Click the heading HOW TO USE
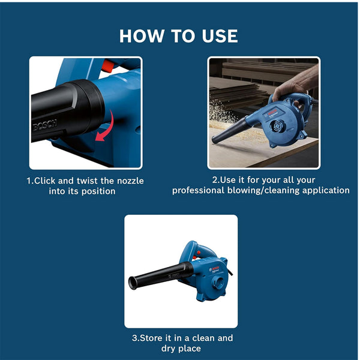(x=179, y=35)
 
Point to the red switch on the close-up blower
(x=107, y=65)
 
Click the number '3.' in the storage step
(x=136, y=338)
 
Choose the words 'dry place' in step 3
(x=181, y=348)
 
